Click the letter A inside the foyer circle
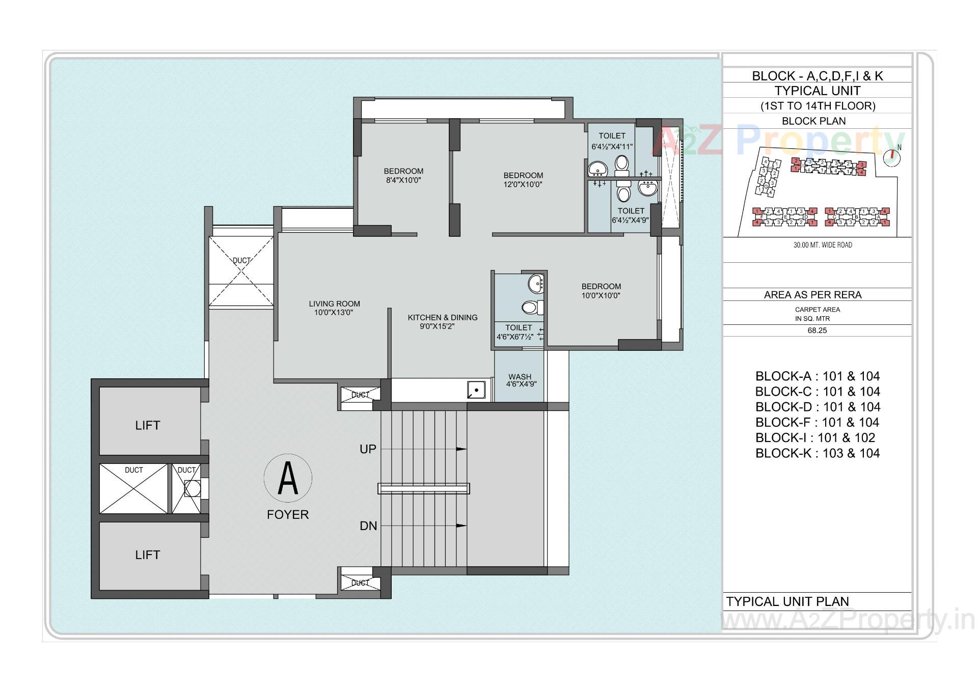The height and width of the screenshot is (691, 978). pos(288,478)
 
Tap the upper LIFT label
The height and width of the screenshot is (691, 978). pos(148,426)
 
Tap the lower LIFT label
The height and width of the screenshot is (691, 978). pos(148,555)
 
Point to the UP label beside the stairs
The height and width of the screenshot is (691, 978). pos(368,449)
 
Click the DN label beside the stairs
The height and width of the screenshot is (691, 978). pos(368,526)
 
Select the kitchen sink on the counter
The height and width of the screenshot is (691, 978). pos(476,391)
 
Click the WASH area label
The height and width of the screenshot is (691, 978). pos(520,377)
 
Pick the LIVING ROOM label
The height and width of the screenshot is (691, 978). pos(334,304)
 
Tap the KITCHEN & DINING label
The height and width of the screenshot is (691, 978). pos(442,318)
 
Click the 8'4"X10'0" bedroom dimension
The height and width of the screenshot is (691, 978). pos(403,180)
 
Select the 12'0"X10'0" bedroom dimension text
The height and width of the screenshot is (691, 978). pos(523,184)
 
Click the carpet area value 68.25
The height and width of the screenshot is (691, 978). pos(817,330)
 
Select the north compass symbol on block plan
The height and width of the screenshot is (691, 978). pos(892,157)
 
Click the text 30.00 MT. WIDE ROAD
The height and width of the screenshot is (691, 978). pos(822,245)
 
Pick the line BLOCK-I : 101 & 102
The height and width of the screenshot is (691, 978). pos(815,438)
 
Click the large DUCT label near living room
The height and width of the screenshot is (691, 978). pos(241,260)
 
